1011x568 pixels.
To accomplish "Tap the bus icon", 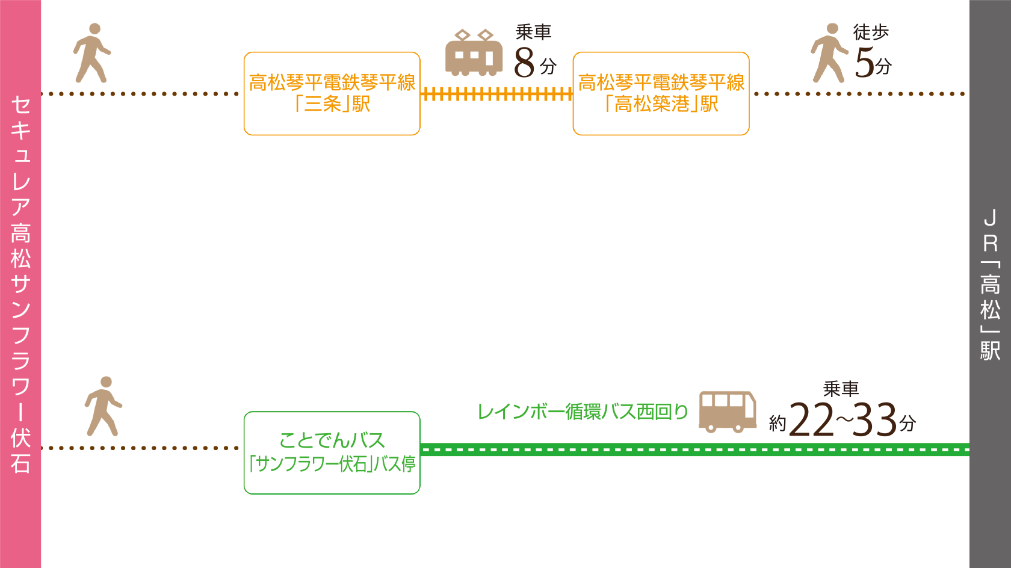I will pos(728,412).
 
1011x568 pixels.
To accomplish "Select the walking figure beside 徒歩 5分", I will pos(829,53).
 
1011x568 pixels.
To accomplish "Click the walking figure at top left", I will pos(91,53).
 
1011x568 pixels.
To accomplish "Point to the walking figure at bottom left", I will pos(103,406).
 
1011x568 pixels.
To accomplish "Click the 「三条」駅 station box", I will pos(332,93).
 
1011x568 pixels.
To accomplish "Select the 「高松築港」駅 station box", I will pos(661,93).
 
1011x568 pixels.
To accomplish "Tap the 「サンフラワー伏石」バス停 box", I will pos(332,452).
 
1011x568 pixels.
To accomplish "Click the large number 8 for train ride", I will pos(524,63).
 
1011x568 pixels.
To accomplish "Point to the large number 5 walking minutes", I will pos(864,63).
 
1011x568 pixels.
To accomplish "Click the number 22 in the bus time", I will pos(811,420).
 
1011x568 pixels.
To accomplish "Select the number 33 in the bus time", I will pos(876,420).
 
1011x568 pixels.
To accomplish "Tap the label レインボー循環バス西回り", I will pos(583,412).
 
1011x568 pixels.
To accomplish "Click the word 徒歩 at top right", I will pos(871,32).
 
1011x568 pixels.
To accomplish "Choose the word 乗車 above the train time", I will pos(533,32).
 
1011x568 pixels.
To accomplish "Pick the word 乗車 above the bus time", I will pos(841,389).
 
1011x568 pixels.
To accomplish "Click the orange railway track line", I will pos(496,94).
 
